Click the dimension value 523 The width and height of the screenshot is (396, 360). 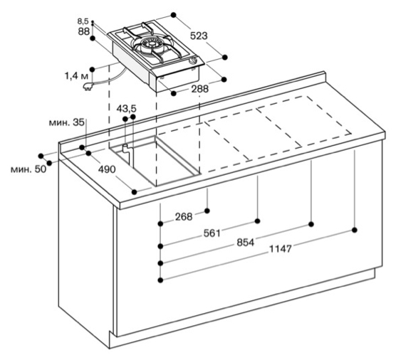(x=199, y=36)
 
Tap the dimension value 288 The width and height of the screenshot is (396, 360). (x=199, y=89)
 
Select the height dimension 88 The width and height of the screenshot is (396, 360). (x=84, y=31)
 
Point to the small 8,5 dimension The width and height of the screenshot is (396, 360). (x=83, y=21)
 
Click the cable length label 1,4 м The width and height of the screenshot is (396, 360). (x=76, y=75)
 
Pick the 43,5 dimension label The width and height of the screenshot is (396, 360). (x=126, y=109)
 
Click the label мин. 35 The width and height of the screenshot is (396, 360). (x=66, y=122)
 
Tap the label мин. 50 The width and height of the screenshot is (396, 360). (x=28, y=169)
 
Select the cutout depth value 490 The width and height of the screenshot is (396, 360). (x=107, y=169)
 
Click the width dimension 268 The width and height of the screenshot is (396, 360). (x=184, y=217)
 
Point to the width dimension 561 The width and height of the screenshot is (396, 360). (x=212, y=233)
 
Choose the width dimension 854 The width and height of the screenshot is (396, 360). (x=245, y=243)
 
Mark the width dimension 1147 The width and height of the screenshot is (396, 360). (x=281, y=249)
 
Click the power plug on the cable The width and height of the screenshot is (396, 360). (x=88, y=86)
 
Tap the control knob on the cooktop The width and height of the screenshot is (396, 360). (x=194, y=60)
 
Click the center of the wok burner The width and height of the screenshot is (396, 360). (x=152, y=43)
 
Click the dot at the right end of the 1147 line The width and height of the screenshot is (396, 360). (x=355, y=230)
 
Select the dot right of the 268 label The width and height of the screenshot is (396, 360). (x=207, y=211)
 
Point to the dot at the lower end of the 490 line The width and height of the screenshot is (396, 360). (x=135, y=192)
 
